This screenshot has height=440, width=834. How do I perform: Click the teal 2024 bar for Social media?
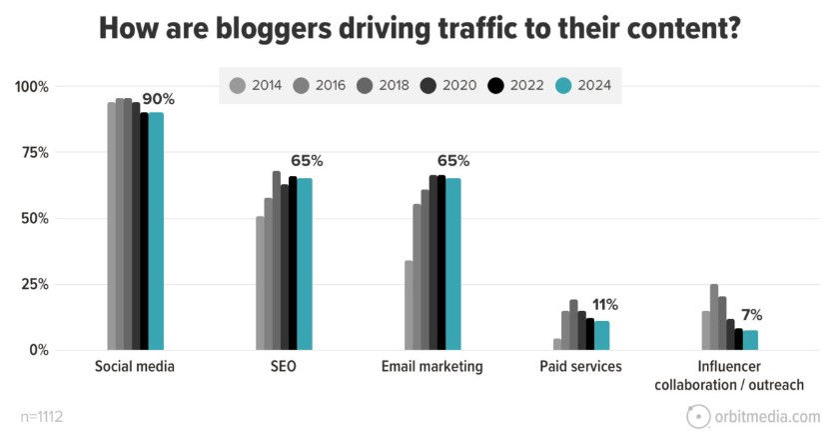tap(156, 230)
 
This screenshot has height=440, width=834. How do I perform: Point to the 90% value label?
tap(159, 99)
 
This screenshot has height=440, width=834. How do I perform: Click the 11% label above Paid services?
tap(605, 305)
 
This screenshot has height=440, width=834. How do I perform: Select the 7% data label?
tap(751, 315)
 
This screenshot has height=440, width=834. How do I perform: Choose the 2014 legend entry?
tap(256, 86)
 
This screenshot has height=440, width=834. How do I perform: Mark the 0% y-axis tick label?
tap(38, 350)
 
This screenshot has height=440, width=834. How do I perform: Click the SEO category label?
tap(283, 367)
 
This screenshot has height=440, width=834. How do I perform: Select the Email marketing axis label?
tap(431, 367)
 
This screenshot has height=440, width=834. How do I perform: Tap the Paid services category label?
tap(580, 367)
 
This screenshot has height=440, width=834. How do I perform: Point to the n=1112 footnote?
tap(44, 416)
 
